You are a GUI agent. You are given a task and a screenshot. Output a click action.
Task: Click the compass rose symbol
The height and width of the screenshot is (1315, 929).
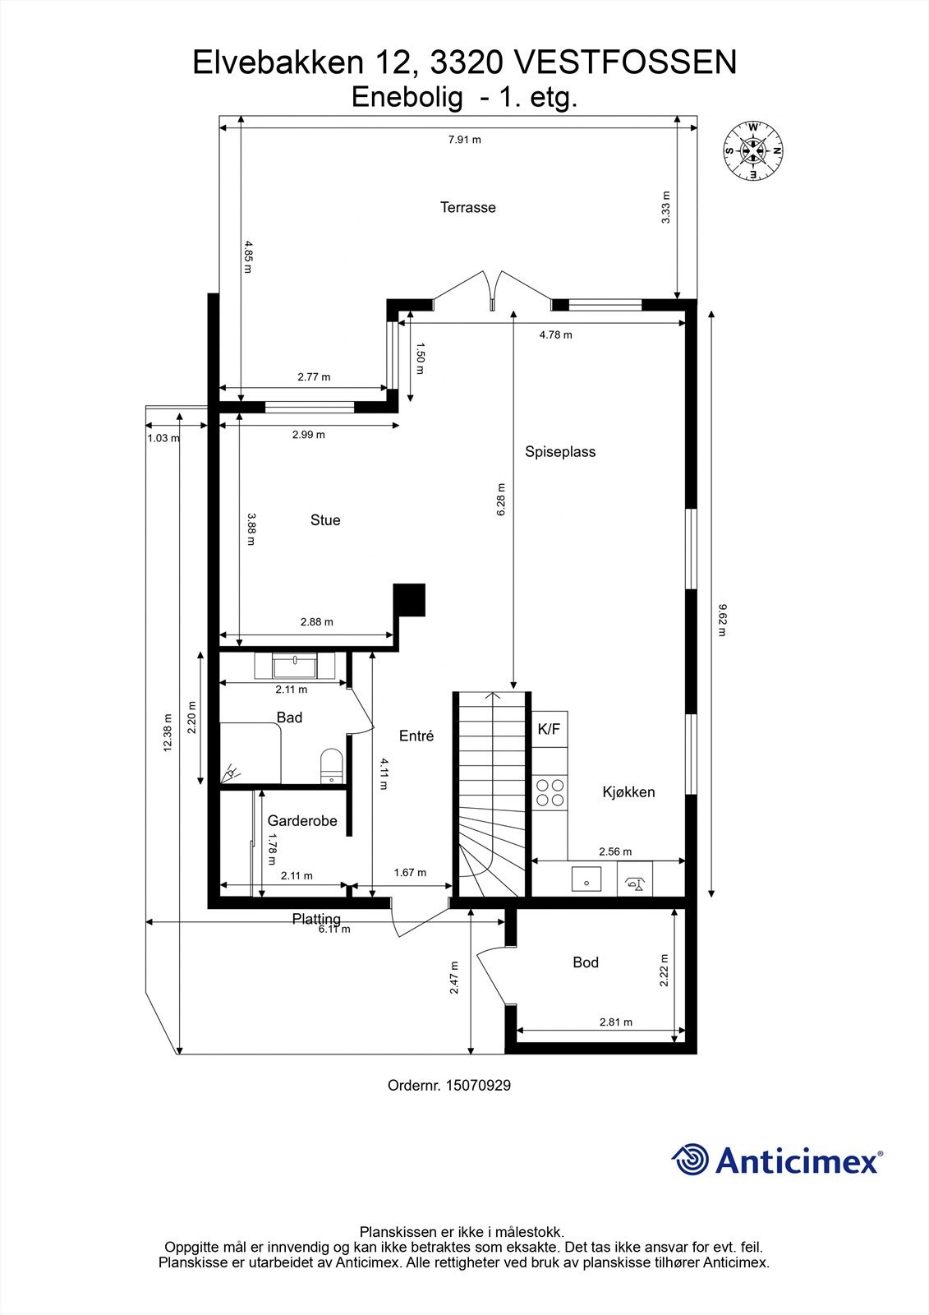tap(752, 150)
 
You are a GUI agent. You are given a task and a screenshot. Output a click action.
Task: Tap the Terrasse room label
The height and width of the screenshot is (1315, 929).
tap(468, 208)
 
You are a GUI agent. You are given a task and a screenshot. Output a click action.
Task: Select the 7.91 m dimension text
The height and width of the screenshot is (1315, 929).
tap(465, 140)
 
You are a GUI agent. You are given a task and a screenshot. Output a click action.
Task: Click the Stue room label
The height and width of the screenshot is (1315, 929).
tap(325, 520)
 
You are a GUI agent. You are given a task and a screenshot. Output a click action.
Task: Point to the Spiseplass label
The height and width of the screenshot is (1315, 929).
tap(560, 452)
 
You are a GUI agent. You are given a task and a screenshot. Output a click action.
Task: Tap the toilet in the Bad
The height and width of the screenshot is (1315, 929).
tap(330, 764)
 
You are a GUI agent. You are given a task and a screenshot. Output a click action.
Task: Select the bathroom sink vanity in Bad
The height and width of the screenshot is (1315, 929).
tap(295, 663)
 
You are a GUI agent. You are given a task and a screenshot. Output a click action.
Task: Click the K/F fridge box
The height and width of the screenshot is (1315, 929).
tap(550, 729)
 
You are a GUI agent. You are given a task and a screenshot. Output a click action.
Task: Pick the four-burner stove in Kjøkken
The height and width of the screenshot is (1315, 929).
tap(550, 791)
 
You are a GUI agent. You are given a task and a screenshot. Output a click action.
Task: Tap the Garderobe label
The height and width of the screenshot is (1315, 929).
tap(302, 821)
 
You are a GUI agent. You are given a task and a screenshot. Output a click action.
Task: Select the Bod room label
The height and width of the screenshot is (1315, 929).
tap(586, 962)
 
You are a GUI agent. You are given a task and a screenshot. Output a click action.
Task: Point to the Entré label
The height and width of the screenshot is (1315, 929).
tap(416, 736)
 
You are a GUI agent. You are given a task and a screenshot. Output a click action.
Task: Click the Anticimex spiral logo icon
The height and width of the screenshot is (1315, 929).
tap(690, 1160)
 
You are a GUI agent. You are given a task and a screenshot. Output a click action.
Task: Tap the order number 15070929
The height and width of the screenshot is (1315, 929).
tap(478, 1086)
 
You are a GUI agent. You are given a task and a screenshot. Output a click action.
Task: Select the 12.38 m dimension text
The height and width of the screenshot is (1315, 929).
tap(168, 731)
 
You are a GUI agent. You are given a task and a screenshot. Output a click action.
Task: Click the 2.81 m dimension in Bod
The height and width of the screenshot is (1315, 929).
tap(616, 1022)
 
